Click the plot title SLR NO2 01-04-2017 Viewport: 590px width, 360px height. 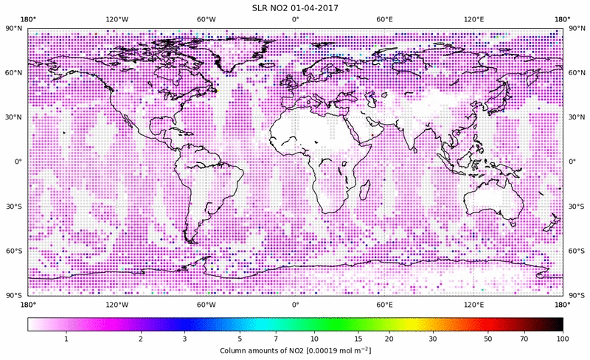tap(295, 7)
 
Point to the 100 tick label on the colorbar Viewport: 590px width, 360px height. tap(563, 338)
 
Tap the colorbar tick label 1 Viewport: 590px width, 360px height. tap(66, 338)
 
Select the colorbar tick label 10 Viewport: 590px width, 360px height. tap(315, 338)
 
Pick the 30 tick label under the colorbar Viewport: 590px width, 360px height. tap(434, 338)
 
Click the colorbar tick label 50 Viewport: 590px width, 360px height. tap(487, 338)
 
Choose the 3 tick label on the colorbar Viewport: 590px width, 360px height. tap(185, 338)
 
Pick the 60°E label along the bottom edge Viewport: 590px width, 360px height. tap(384, 304)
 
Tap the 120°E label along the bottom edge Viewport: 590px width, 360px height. tap(473, 304)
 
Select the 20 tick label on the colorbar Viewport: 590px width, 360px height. tap(388, 338)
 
